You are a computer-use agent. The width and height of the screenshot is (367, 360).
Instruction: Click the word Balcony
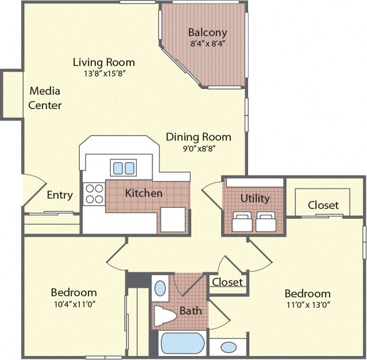tap(207, 33)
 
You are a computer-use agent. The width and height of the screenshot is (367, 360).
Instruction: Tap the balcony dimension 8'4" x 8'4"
tap(207, 43)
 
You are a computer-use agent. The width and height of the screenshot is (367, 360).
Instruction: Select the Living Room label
tap(103, 62)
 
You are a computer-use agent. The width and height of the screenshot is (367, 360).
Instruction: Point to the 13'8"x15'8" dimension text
tap(103, 73)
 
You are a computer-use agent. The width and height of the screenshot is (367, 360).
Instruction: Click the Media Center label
tap(45, 98)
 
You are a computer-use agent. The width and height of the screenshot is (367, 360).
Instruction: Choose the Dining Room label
tap(198, 137)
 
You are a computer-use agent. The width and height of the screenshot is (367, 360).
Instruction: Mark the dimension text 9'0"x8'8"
tap(198, 148)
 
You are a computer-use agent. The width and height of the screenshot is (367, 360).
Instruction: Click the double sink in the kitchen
tap(123, 168)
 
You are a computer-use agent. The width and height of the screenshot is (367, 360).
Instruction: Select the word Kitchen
tap(144, 193)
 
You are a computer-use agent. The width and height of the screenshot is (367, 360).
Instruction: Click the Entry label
tap(60, 195)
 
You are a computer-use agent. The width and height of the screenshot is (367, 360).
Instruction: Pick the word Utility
tap(255, 198)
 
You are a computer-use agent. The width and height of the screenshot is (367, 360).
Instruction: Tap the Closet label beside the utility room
tap(323, 204)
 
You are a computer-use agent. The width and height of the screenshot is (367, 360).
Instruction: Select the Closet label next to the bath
tap(227, 282)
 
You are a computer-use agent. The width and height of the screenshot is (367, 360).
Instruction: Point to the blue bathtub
tap(182, 343)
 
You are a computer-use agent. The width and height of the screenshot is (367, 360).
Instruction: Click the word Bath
tap(191, 311)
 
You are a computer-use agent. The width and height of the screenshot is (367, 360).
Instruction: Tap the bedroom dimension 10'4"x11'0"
tap(74, 304)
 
